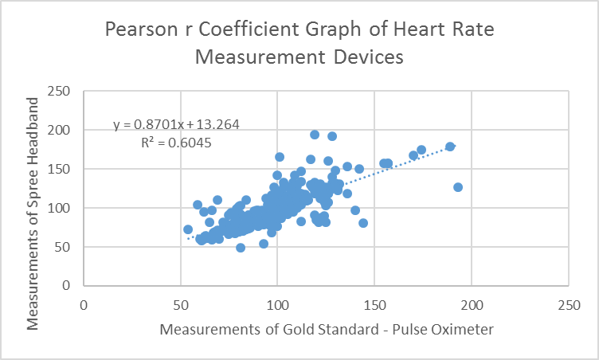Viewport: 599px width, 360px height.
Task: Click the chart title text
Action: (x=299, y=45)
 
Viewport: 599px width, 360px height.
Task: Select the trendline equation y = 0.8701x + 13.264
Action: (x=176, y=124)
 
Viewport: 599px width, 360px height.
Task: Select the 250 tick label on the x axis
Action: (x=569, y=305)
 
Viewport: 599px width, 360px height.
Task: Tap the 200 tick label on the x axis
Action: (x=472, y=305)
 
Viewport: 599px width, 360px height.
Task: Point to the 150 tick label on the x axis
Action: (x=374, y=305)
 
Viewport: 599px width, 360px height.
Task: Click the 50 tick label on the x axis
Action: (x=181, y=305)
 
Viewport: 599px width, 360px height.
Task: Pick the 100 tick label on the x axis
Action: (x=277, y=305)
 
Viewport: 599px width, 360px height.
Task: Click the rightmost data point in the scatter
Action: (x=458, y=187)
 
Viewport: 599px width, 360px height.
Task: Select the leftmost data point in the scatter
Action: (x=188, y=229)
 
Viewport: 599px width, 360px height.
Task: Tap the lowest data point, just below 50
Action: (x=241, y=248)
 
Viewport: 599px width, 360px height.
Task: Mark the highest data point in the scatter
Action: (x=315, y=135)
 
